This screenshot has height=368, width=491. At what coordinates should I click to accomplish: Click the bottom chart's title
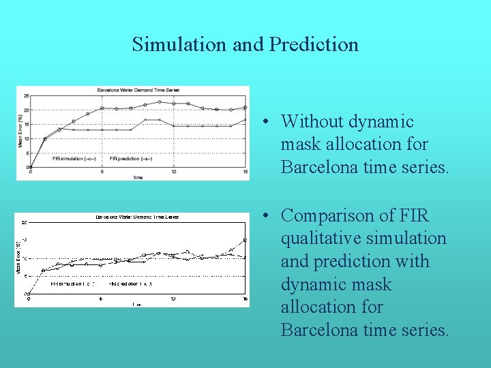tap(137, 217)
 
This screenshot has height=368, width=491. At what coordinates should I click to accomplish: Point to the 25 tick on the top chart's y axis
tap(27, 96)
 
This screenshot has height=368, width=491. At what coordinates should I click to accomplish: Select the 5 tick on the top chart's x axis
tap(102, 172)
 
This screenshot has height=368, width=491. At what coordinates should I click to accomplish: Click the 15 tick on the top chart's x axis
tap(245, 172)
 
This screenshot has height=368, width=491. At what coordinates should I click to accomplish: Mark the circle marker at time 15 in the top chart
tap(245, 107)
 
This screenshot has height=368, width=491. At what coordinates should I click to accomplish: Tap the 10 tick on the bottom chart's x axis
tap(173, 298)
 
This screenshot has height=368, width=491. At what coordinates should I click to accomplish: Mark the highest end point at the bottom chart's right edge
tap(245, 240)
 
